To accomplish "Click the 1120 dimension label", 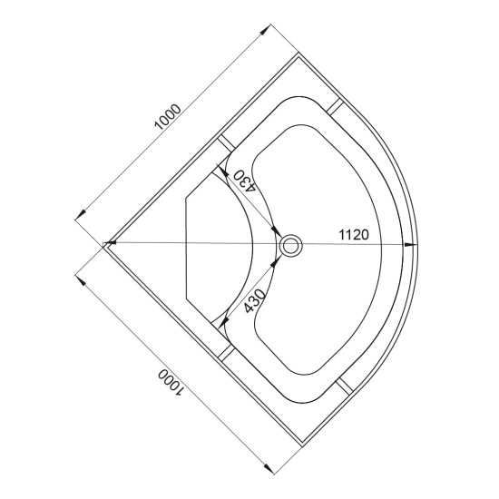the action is click(354, 235).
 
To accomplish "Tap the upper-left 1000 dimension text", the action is click(168, 117).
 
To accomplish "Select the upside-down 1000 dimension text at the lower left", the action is click(171, 383).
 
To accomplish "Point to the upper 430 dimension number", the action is click(244, 181).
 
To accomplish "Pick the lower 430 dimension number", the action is click(255, 300).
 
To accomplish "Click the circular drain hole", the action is click(290, 245).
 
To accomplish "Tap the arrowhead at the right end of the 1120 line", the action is click(410, 244).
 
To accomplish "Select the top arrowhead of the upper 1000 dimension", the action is click(265, 30).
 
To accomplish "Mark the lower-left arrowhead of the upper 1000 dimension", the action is click(80, 214).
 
